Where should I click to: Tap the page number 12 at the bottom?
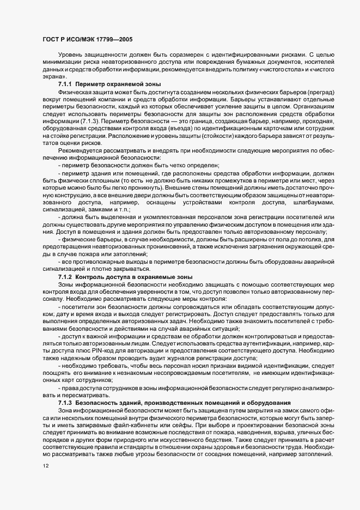click(45, 466)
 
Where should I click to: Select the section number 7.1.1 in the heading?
click(65, 85)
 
